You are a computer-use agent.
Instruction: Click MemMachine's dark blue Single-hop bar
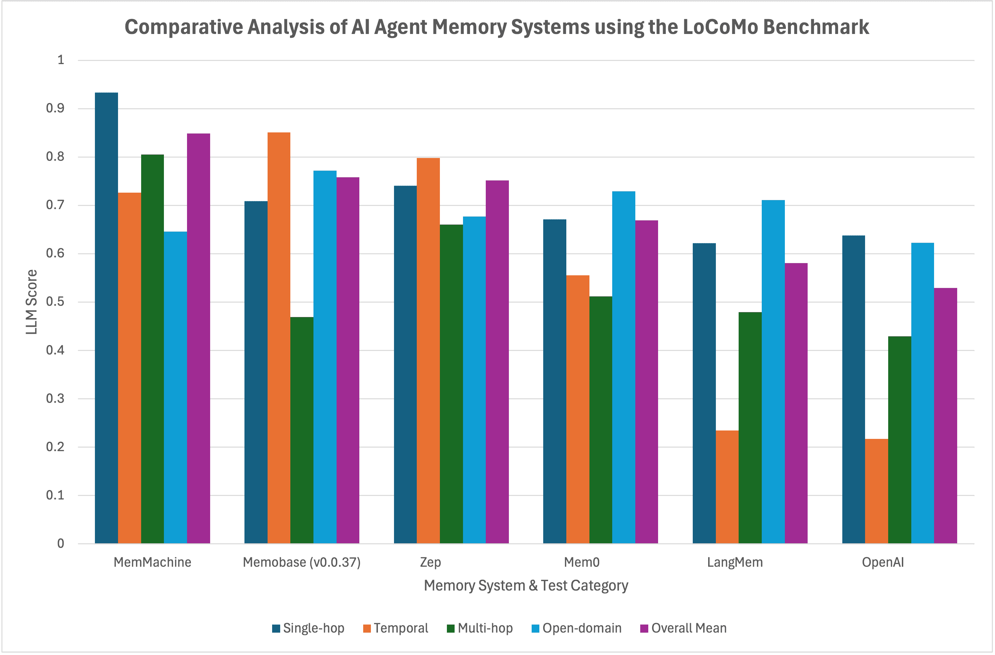click(x=106, y=318)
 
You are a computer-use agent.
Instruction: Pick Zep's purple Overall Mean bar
click(x=497, y=361)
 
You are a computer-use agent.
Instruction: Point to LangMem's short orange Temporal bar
click(x=727, y=487)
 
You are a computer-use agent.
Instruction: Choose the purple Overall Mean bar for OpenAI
click(x=945, y=415)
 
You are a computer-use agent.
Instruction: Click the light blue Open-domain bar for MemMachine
click(x=175, y=387)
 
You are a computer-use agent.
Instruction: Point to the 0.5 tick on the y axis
click(x=55, y=302)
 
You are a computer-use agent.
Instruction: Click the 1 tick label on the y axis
click(x=61, y=60)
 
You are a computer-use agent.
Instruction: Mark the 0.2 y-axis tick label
click(x=55, y=447)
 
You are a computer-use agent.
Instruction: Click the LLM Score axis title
click(x=32, y=302)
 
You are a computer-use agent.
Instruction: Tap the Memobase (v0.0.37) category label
click(x=302, y=562)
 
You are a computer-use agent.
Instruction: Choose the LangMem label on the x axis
click(x=734, y=562)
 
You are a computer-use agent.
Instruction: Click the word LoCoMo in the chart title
click(x=721, y=27)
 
